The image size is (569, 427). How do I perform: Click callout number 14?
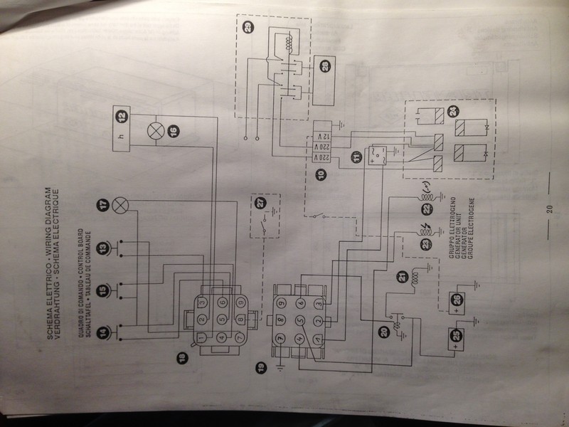coord(105,332)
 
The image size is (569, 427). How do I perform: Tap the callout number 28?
coord(326,66)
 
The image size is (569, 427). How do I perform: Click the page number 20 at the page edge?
coord(549,209)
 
